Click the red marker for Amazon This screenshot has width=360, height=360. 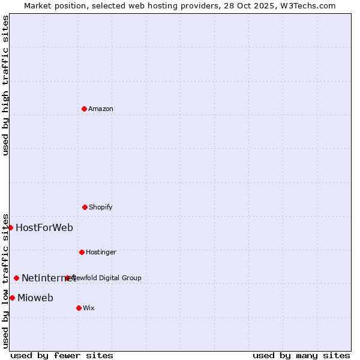(x=84, y=109)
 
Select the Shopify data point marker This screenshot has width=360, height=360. (x=85, y=207)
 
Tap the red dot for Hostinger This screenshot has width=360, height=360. (x=82, y=252)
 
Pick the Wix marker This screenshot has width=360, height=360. (x=79, y=308)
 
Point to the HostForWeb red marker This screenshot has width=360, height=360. (x=10, y=227)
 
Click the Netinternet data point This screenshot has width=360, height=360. (x=16, y=278)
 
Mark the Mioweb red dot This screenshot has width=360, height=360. (x=12, y=298)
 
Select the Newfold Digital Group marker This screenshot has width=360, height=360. (x=67, y=278)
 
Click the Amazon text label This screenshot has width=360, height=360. (x=101, y=109)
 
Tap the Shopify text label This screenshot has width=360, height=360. (x=101, y=207)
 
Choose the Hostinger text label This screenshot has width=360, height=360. (x=101, y=252)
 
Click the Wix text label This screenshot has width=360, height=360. (x=89, y=308)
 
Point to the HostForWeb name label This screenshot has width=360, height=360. (x=44, y=227)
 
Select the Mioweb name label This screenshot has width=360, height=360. (x=35, y=298)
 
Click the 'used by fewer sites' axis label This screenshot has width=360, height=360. (x=62, y=355)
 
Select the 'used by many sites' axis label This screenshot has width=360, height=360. (x=301, y=355)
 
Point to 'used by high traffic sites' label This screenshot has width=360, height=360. (x=5, y=85)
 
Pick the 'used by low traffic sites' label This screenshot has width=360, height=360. (x=5, y=280)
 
